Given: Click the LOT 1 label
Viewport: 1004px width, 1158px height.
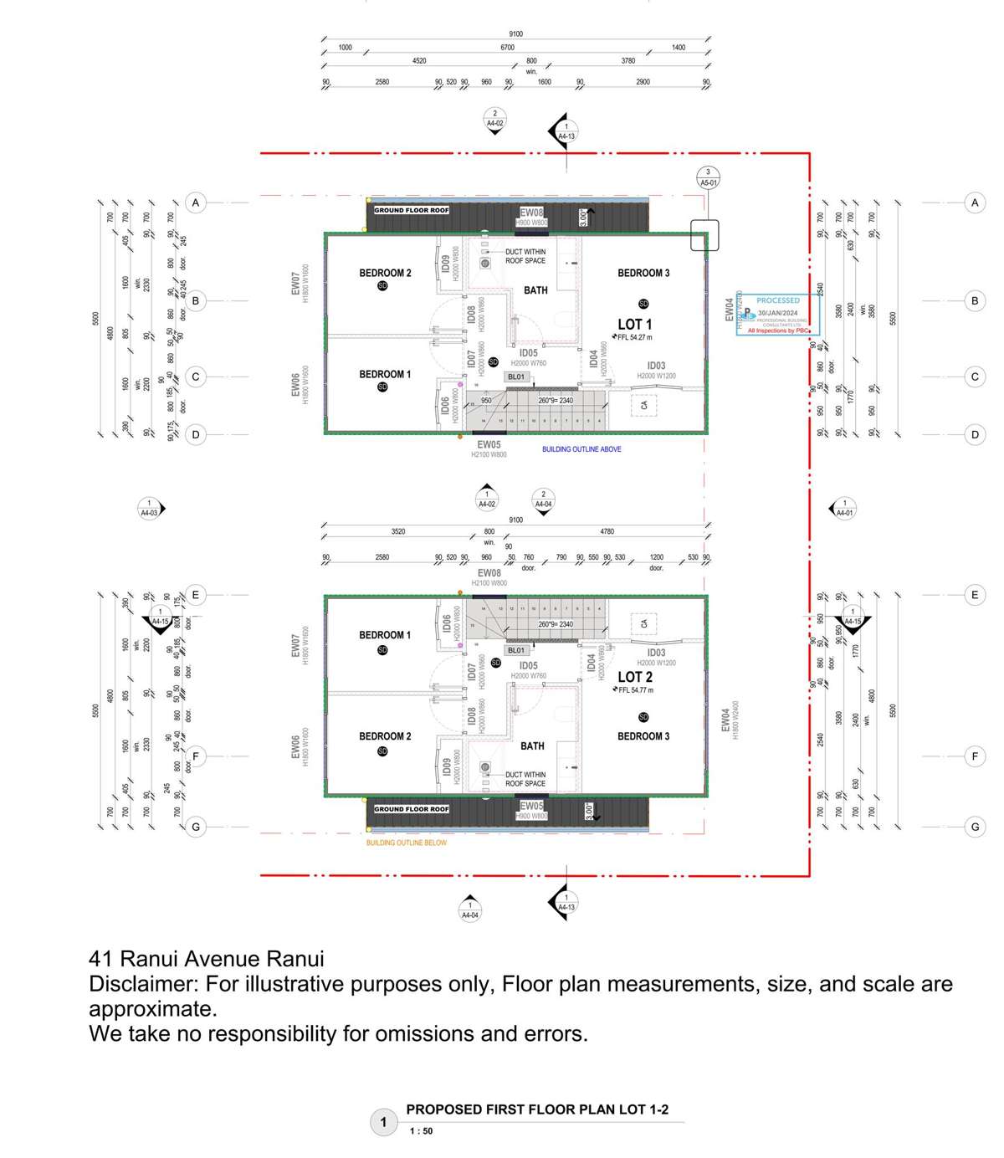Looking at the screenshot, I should point(634,324).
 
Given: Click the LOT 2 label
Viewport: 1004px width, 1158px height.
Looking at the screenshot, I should point(634,677).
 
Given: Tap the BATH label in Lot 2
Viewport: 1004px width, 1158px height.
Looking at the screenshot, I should point(532,746).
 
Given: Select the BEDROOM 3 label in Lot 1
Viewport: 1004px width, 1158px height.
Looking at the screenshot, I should point(643,273).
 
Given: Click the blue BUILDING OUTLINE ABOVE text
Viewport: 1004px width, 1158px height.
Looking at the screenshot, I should point(581,449).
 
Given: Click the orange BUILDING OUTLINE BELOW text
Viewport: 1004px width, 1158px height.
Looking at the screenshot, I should point(407,843).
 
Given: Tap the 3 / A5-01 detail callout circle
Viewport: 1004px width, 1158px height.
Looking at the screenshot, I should point(708,177).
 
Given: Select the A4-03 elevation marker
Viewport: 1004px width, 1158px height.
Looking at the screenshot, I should point(149,508).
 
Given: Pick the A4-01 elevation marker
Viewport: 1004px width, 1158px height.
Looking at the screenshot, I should point(844,508).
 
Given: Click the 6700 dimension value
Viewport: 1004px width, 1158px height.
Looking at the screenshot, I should point(507,48).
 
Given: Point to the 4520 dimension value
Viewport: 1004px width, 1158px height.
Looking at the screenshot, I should point(419,61).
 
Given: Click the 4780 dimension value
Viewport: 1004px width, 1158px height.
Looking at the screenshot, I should point(607,531).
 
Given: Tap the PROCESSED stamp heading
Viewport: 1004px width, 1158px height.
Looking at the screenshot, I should point(778,300).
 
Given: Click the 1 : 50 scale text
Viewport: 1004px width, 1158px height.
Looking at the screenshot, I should point(422,1131).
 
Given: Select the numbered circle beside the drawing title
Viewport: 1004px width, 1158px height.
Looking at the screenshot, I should point(384,1123).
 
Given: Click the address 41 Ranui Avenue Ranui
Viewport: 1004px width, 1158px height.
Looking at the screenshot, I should point(207,959).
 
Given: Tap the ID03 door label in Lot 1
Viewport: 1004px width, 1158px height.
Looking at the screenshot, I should point(656,366).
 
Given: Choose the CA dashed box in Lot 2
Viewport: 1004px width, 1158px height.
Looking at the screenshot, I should point(644,624).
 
